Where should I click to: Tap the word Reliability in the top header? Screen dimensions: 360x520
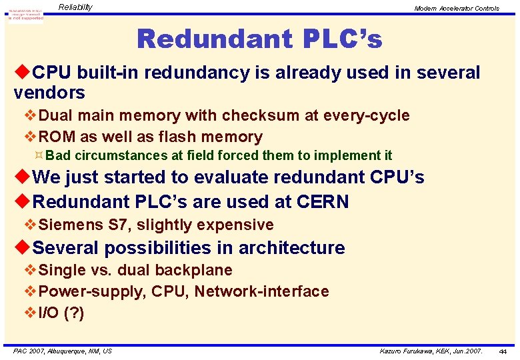click(75, 7)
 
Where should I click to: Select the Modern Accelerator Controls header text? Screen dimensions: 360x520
click(456, 9)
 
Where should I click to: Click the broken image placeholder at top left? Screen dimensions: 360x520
click(25, 14)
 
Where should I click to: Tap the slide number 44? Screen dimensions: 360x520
click(502, 351)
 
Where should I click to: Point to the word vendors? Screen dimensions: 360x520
click(49, 93)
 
